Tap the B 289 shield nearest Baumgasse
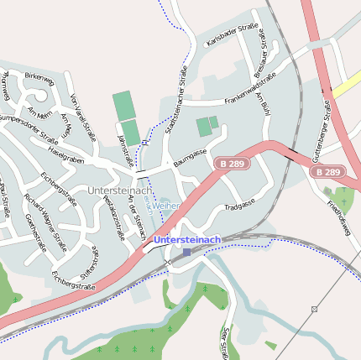(233, 164)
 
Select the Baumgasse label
(190, 156)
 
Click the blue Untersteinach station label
(187, 240)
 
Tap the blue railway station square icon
(186, 253)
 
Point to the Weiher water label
(165, 205)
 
